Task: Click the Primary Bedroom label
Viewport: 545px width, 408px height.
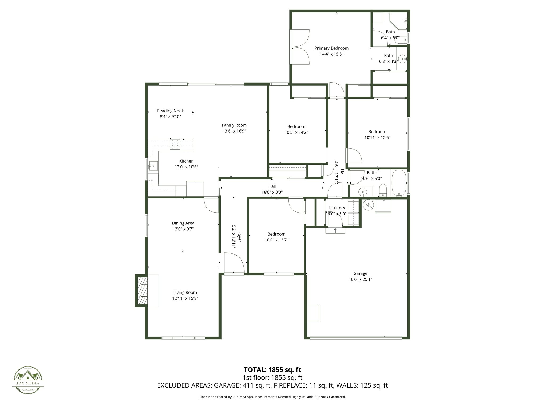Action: pyautogui.click(x=331, y=48)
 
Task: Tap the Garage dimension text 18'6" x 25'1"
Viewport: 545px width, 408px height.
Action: pyautogui.click(x=360, y=279)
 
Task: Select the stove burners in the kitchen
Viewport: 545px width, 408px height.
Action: pyautogui.click(x=175, y=144)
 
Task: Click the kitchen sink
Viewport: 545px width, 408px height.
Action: pyautogui.click(x=153, y=166)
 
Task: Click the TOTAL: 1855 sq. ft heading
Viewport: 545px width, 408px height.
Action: pyautogui.click(x=272, y=369)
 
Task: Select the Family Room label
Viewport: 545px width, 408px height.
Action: pyautogui.click(x=234, y=125)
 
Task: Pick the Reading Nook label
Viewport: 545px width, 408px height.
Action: pyautogui.click(x=170, y=111)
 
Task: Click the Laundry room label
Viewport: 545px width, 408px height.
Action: pyautogui.click(x=337, y=208)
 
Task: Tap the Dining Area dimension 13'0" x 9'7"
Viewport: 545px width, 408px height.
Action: pyautogui.click(x=183, y=229)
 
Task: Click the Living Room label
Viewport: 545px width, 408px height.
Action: pyautogui.click(x=185, y=292)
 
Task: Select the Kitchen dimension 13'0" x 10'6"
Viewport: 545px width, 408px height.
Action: pyautogui.click(x=186, y=167)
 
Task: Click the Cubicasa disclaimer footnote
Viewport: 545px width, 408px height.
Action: pyautogui.click(x=272, y=397)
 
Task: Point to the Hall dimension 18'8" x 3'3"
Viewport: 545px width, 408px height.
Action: pyautogui.click(x=272, y=192)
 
